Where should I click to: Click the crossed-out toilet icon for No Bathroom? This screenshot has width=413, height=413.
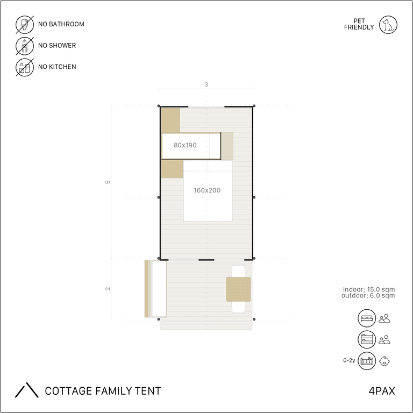[x=25, y=25]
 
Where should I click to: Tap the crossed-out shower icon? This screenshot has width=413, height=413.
[x=25, y=46]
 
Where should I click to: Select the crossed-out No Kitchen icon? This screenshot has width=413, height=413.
[x=25, y=67]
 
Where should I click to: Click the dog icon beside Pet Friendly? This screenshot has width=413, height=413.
[x=388, y=25]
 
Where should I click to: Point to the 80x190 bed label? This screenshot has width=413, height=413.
[x=185, y=145]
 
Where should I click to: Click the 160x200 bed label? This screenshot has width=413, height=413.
[x=207, y=190]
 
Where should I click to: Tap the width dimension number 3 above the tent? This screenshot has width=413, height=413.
[x=206, y=84]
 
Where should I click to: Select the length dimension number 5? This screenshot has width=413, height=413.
[x=108, y=182]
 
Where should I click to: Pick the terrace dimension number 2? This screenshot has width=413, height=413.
[x=108, y=289]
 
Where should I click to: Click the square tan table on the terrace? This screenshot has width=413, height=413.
[x=238, y=289]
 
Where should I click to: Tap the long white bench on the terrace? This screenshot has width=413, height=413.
[x=159, y=289]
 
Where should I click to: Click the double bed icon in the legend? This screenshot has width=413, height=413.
[x=367, y=318]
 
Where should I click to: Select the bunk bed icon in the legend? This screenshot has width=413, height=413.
[x=367, y=339]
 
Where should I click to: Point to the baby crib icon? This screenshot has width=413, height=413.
[x=367, y=361]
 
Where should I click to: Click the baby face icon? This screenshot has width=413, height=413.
[x=384, y=361]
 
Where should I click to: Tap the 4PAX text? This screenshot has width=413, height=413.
[x=382, y=391]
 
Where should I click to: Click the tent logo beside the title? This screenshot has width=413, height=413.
[x=26, y=390]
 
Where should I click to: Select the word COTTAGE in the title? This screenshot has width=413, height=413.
[x=68, y=391]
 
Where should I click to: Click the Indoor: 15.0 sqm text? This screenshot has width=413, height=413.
[x=369, y=289]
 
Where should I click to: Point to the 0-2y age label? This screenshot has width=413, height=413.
[x=349, y=360]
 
